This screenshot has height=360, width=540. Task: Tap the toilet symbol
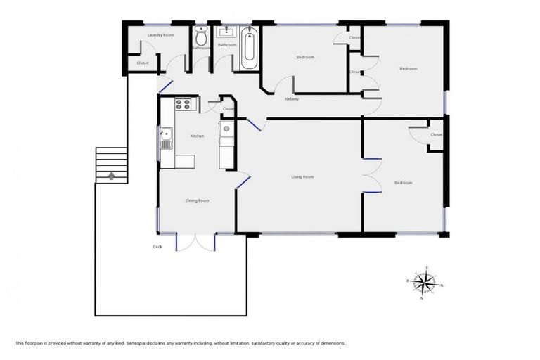coord(202,39)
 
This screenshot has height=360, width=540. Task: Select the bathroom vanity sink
coord(227,32)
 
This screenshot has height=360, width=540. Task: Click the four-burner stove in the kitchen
coord(183,105)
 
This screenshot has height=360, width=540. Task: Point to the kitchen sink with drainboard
coord(166,137)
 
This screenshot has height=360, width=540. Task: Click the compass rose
coord(424,283)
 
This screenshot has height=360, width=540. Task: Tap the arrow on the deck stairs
coord(110,175)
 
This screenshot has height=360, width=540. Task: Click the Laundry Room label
coord(160,34)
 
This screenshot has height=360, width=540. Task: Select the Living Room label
coord(302,176)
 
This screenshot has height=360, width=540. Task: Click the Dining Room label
coord(197,200)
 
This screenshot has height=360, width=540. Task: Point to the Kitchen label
coord(198,136)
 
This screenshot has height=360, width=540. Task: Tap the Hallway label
coord(292,99)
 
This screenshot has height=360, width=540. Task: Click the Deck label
coord(157,246)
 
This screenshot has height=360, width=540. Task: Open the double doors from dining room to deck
coord(195,241)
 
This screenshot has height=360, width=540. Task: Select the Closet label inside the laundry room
coord(143,63)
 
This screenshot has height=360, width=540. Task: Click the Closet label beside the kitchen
coord(228,109)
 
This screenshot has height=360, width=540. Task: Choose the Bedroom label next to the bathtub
coord(305,57)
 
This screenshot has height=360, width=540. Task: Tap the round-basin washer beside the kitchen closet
coord(226,128)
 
